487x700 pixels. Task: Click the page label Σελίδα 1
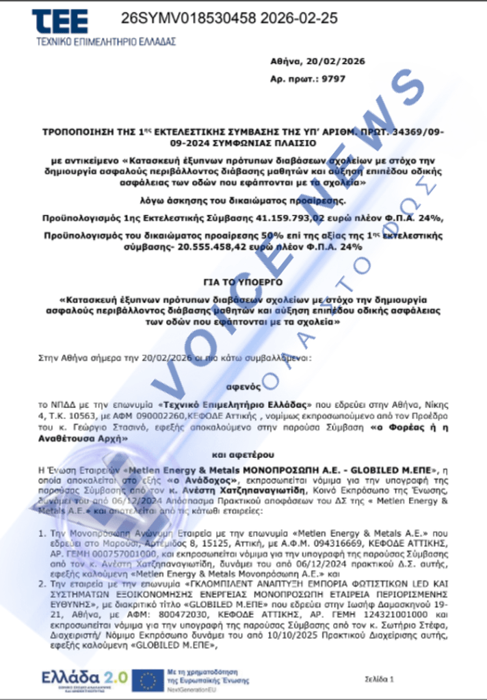[x=380, y=679]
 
